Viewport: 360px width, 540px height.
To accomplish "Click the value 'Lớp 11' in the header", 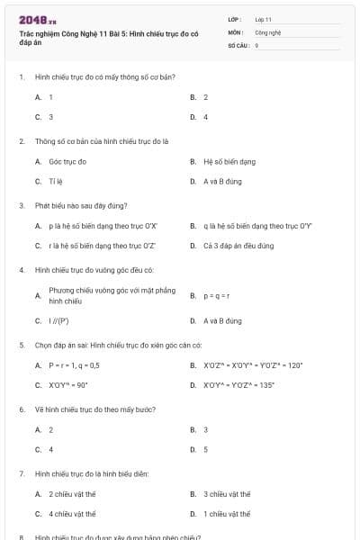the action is tap(263, 19).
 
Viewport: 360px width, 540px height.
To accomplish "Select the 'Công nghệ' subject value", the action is tap(268, 31).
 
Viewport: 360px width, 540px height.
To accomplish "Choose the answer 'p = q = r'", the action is tap(217, 295).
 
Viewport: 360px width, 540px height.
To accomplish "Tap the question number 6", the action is tap(21, 409).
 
